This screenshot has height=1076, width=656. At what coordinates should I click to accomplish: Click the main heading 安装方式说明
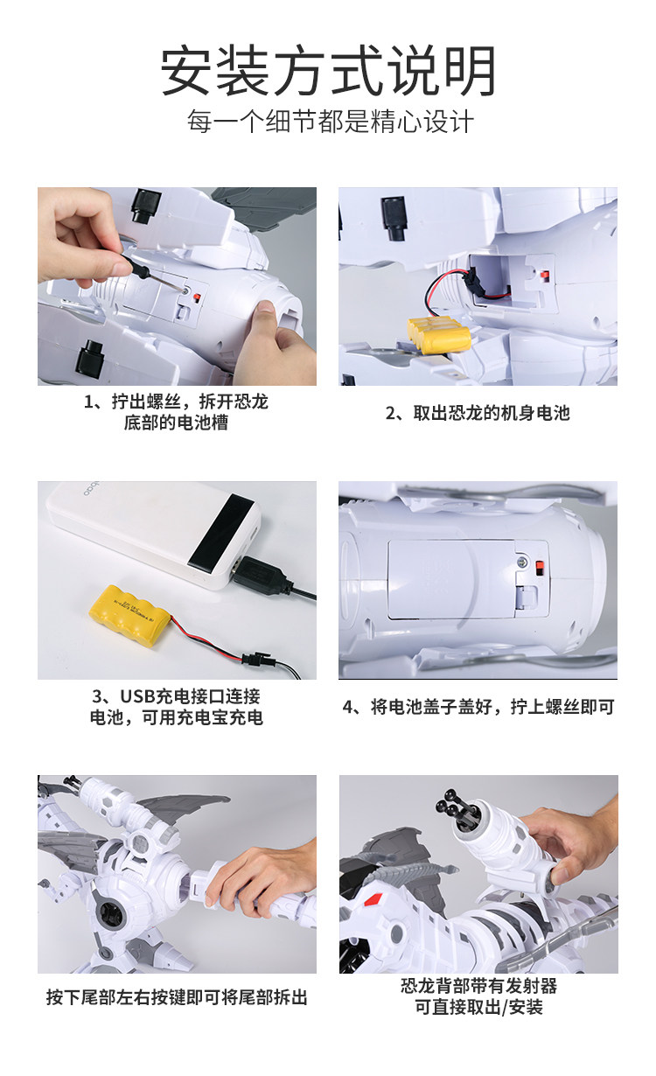coord(328,71)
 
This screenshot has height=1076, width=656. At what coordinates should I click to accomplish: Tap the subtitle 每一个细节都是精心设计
coord(331,121)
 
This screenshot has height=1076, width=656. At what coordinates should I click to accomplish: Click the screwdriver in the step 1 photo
coord(153,274)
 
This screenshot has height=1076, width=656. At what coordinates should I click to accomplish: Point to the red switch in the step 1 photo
coord(197,297)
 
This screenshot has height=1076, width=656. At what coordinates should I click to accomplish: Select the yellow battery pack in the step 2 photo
coord(438,334)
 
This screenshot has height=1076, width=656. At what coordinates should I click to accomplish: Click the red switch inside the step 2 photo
coord(545,276)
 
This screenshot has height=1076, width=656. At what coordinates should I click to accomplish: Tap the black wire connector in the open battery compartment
coord(467,277)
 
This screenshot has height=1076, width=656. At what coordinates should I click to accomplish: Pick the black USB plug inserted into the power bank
coord(262,573)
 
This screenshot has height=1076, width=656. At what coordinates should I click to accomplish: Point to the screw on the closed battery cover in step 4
coord(522,562)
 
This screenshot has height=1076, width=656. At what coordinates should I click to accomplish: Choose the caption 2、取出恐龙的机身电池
coord(478,413)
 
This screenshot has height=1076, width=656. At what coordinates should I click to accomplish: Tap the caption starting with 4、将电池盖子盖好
coord(478,707)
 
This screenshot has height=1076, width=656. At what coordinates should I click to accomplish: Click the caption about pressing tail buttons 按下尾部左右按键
coord(177,997)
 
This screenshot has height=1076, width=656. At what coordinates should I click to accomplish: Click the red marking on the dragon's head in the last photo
coord(373,898)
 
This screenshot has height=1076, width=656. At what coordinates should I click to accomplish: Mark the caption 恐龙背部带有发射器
coord(478,986)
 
